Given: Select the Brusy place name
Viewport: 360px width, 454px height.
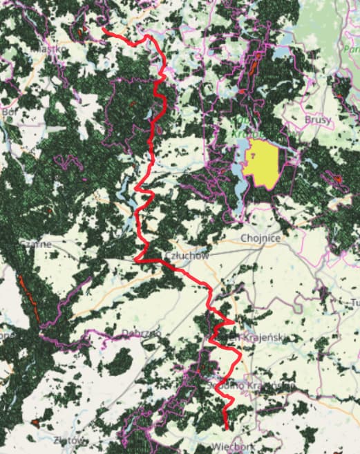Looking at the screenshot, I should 317,120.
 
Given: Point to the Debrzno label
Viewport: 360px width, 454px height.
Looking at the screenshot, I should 141,334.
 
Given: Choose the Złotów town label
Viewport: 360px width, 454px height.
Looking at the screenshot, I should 71,440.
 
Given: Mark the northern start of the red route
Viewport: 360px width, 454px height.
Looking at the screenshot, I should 104,29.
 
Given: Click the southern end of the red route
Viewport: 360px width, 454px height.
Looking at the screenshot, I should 227,429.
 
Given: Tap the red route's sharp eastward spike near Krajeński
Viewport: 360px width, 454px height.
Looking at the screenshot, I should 233,321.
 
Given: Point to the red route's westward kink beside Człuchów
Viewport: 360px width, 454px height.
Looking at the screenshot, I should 136,259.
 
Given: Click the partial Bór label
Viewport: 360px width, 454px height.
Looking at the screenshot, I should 9,110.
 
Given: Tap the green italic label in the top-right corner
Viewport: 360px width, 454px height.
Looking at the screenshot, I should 351,49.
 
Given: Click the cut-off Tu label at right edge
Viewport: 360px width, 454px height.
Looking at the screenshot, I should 355,303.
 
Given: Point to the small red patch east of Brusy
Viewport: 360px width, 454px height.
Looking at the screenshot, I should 338,179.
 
